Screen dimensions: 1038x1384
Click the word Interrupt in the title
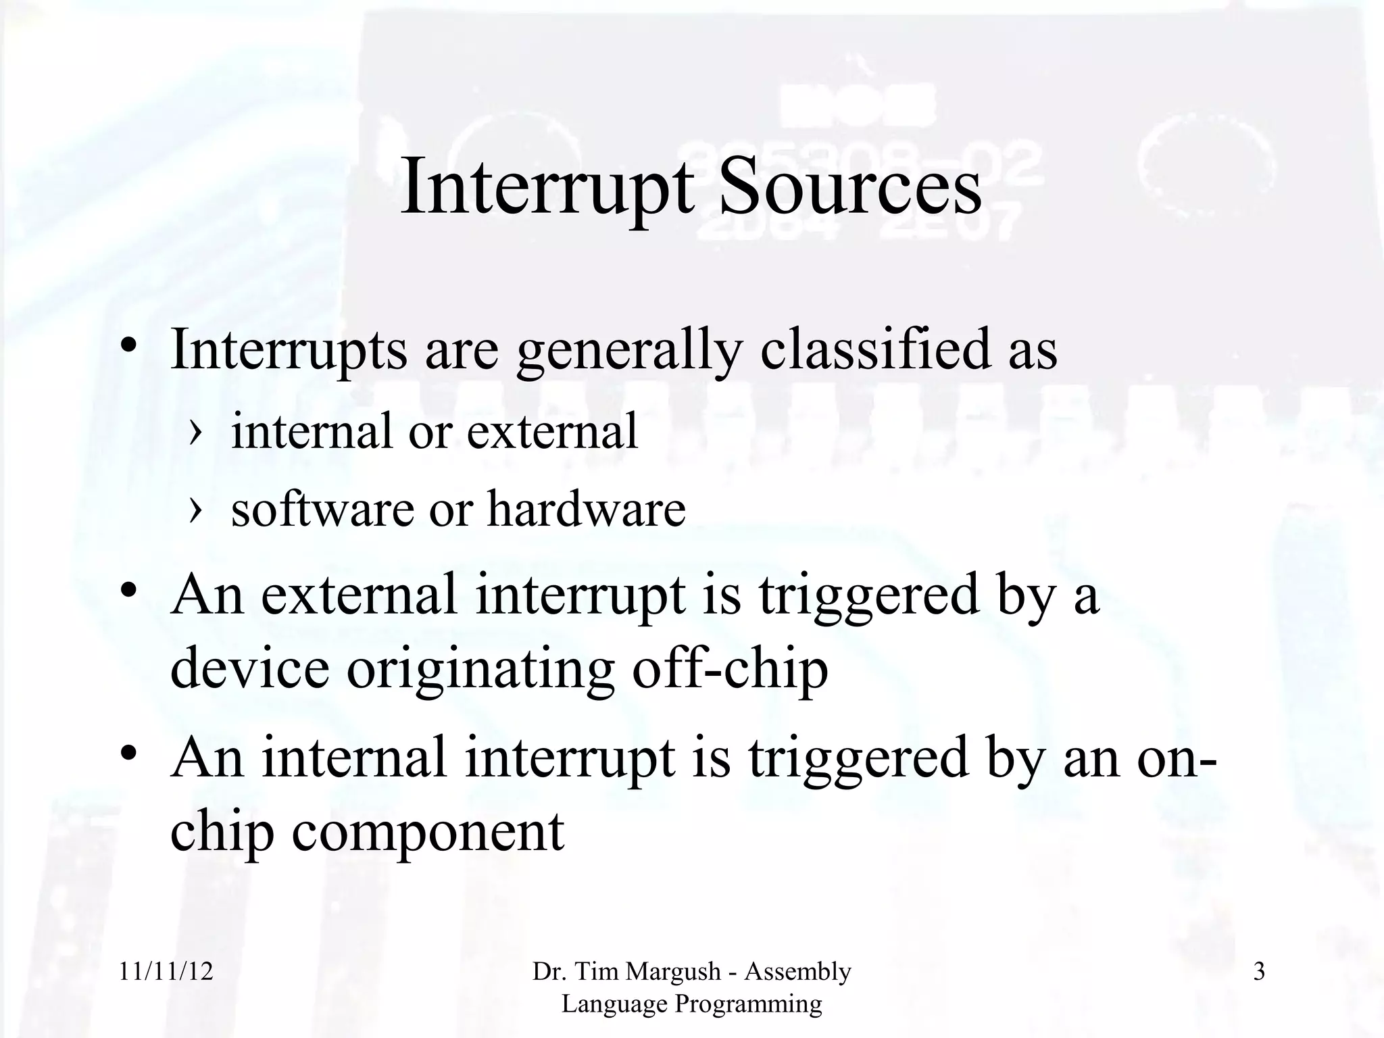click(547, 186)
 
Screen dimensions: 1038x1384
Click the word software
click(322, 508)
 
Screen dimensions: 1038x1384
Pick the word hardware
click(586, 508)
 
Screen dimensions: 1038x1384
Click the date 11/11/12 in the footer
click(166, 972)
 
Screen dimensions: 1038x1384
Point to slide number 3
click(1259, 972)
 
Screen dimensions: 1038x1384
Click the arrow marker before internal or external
click(195, 432)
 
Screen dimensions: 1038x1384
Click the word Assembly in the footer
click(797, 972)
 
